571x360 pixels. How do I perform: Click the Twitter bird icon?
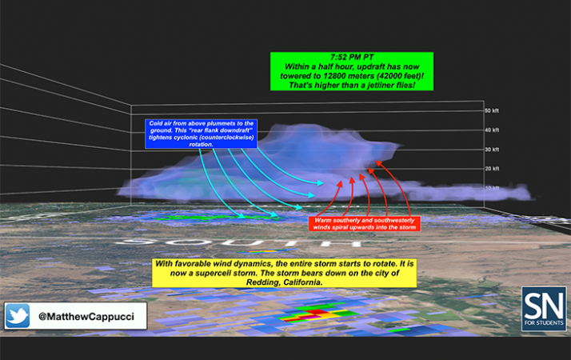(18, 316)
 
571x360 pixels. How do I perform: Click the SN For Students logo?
(543, 309)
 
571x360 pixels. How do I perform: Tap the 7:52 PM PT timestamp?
(353, 58)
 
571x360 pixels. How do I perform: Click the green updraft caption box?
(353, 72)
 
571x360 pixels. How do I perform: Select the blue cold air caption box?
(201, 134)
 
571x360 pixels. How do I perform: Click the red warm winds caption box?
(364, 222)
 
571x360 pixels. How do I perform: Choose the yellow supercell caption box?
(285, 273)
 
